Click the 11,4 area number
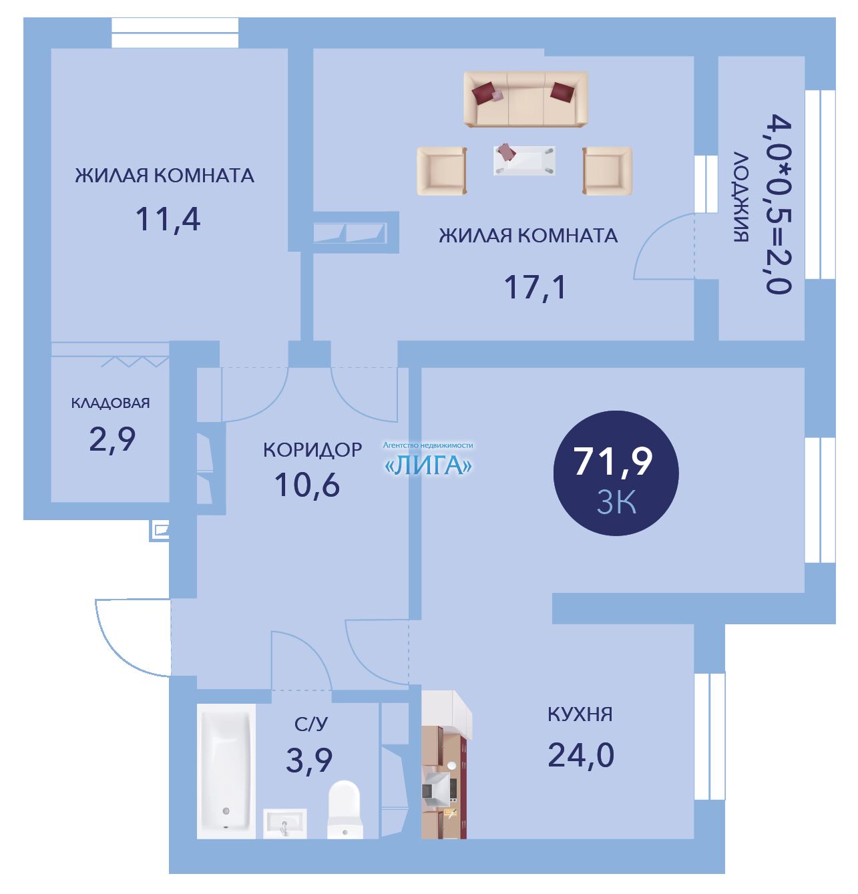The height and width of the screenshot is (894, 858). point(168,220)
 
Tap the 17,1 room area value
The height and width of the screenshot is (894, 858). point(535,287)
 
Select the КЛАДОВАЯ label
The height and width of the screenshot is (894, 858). point(110,403)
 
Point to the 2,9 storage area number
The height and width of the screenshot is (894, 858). point(112,439)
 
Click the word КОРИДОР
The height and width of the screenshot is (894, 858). point(312,450)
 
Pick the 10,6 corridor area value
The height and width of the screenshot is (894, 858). point(307,485)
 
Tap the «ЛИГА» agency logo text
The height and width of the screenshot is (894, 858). point(428,466)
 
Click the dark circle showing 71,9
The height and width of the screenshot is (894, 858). point(616,473)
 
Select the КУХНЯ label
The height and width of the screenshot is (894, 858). point(580,714)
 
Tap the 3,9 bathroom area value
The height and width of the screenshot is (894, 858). point(309,760)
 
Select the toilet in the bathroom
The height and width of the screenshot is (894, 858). point(345,809)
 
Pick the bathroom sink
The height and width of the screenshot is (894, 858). point(284,824)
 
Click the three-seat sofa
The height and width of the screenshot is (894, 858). point(525,99)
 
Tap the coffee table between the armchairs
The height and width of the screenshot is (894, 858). point(524,160)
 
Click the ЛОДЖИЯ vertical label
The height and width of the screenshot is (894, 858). point(741,197)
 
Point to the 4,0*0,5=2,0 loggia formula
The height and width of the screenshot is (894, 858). point(779,204)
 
